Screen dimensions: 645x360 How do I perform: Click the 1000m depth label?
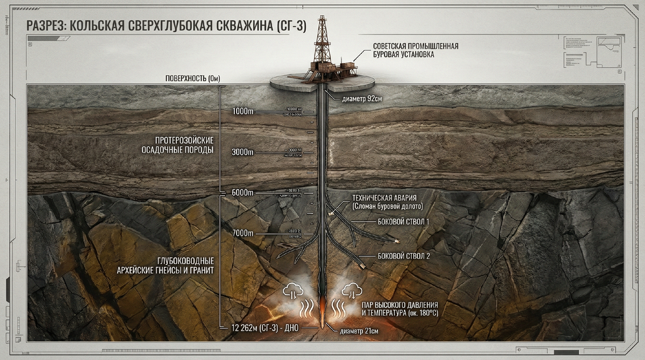click(242, 111)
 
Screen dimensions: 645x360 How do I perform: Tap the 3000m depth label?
click(242, 152)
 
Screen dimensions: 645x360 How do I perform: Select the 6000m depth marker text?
click(242, 193)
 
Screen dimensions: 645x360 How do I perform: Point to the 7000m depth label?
click(242, 234)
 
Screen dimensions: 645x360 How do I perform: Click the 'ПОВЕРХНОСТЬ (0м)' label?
click(193, 78)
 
